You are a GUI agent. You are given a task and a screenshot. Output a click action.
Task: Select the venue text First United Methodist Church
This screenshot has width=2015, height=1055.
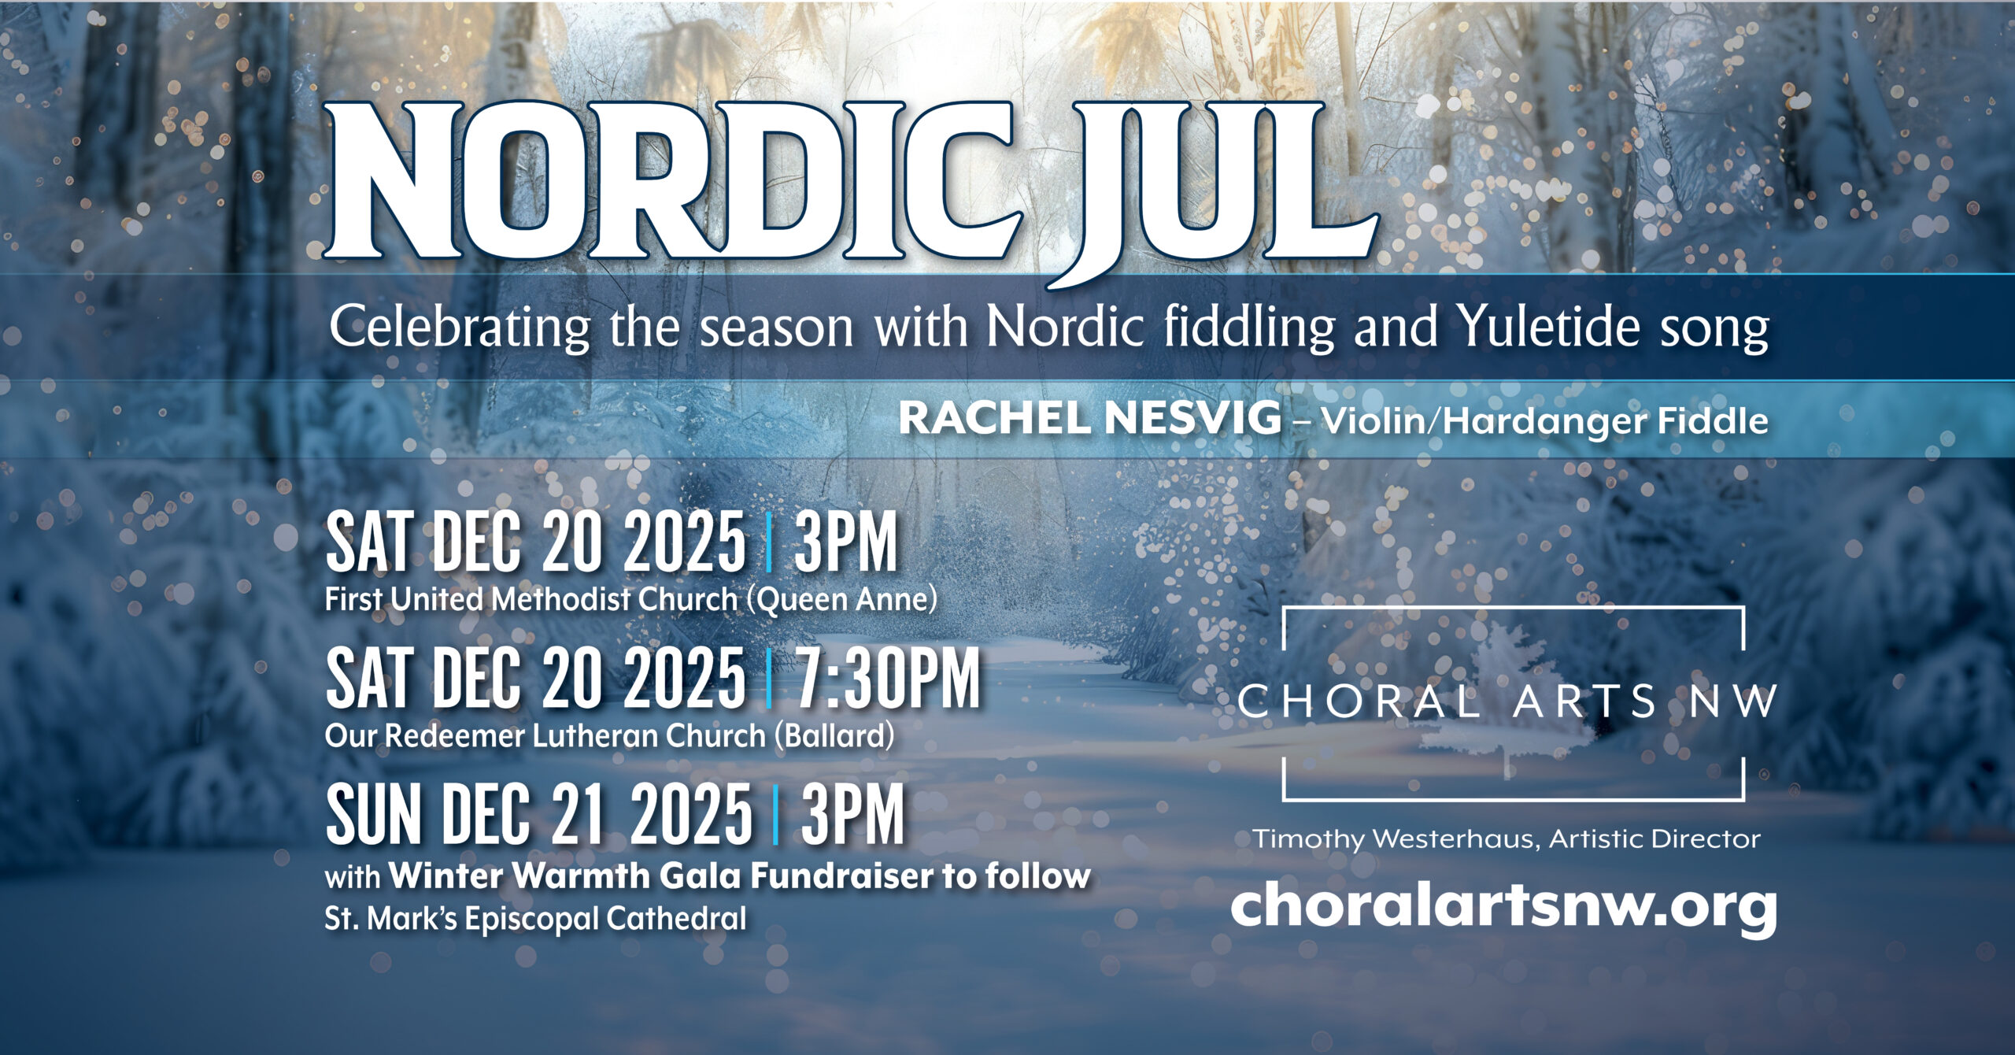(x=531, y=600)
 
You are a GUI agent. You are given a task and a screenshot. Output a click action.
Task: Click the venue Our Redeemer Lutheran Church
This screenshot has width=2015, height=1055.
(x=545, y=736)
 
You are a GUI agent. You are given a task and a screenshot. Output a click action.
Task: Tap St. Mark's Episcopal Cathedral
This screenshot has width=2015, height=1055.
(x=536, y=919)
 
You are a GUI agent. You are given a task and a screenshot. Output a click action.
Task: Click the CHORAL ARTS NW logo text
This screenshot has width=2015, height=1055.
(x=1507, y=701)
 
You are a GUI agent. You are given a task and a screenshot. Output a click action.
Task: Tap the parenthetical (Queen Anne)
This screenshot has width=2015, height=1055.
(x=841, y=600)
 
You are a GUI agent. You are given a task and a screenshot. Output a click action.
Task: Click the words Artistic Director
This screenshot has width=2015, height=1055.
(x=1655, y=838)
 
